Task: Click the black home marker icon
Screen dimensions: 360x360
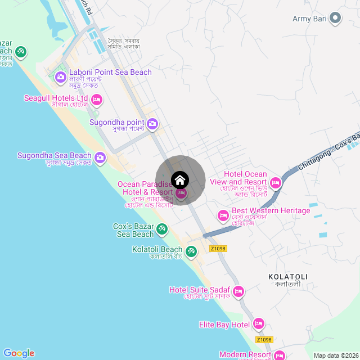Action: tap(180, 180)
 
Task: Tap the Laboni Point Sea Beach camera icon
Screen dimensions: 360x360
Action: tap(61, 76)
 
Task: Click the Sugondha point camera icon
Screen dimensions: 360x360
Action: tap(152, 123)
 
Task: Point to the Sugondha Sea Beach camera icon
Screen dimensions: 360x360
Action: tap(100, 157)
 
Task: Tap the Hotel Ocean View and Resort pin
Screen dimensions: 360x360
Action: tap(276, 182)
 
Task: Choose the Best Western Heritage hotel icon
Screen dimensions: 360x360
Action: tap(223, 215)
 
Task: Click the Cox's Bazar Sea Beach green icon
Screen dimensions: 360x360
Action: tap(162, 229)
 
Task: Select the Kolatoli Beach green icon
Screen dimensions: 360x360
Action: tap(191, 251)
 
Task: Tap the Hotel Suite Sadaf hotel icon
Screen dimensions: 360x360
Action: tap(238, 291)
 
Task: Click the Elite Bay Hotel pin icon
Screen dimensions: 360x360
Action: tap(259, 323)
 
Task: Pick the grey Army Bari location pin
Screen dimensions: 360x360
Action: tap(336, 19)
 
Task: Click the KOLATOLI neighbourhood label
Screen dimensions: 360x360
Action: tap(288, 277)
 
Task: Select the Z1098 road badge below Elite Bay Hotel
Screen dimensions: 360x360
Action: tap(264, 339)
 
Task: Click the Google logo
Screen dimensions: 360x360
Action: tap(19, 353)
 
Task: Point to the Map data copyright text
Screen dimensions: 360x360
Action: tap(335, 355)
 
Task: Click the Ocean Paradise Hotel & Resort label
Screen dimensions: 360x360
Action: tap(145, 188)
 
